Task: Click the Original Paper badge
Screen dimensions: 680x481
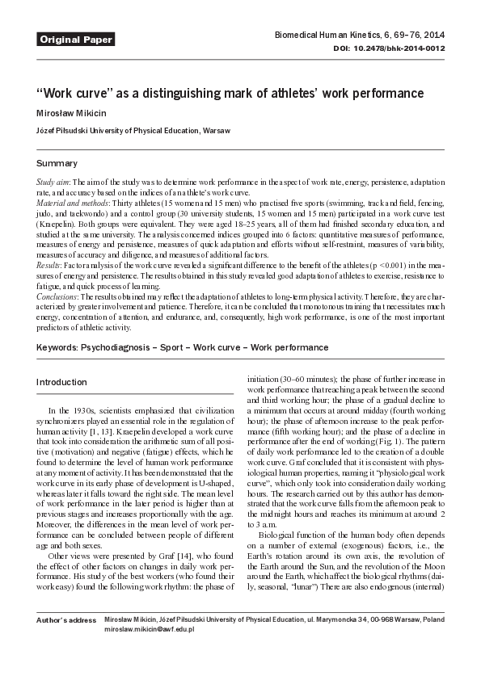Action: (x=76, y=39)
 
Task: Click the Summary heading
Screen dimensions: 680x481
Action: (x=57, y=163)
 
